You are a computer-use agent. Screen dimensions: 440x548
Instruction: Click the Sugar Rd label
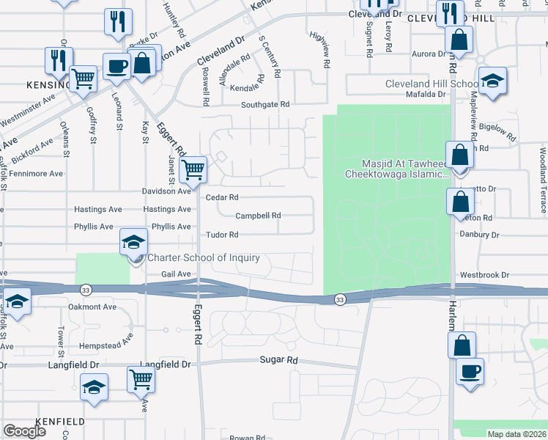tap(279, 361)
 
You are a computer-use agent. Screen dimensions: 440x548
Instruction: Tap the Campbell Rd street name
tap(258, 216)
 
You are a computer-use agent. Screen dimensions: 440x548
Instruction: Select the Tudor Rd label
tap(222, 235)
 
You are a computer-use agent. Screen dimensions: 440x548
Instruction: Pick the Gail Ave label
tap(175, 274)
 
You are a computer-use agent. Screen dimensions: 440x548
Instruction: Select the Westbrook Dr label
tap(484, 275)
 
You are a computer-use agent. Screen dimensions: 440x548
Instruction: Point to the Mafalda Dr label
tap(426, 94)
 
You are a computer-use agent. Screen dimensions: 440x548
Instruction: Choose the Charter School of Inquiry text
tap(204, 257)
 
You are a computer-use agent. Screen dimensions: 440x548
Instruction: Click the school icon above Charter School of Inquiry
tap(134, 241)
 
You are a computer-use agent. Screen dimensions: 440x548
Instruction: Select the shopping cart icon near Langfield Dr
tap(141, 379)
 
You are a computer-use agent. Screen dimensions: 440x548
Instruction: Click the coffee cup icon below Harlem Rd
tap(469, 370)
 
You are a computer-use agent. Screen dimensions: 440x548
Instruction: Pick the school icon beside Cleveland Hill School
tap(492, 80)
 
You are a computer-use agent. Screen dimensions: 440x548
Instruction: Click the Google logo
tap(24, 431)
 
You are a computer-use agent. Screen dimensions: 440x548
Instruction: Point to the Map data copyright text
tap(517, 434)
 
